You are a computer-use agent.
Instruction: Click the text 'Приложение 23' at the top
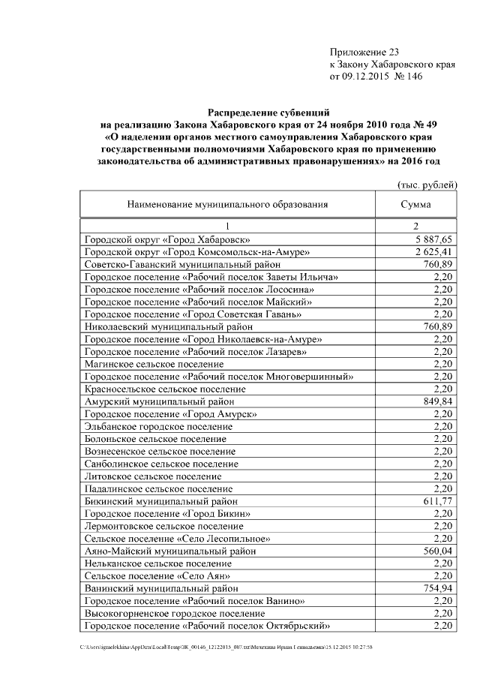(364, 52)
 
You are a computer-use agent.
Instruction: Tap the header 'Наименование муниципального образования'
(228, 204)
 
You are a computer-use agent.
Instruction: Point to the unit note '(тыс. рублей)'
(426, 185)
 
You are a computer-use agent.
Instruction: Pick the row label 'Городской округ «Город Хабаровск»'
(157, 239)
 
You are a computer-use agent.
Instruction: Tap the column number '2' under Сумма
(415, 226)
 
